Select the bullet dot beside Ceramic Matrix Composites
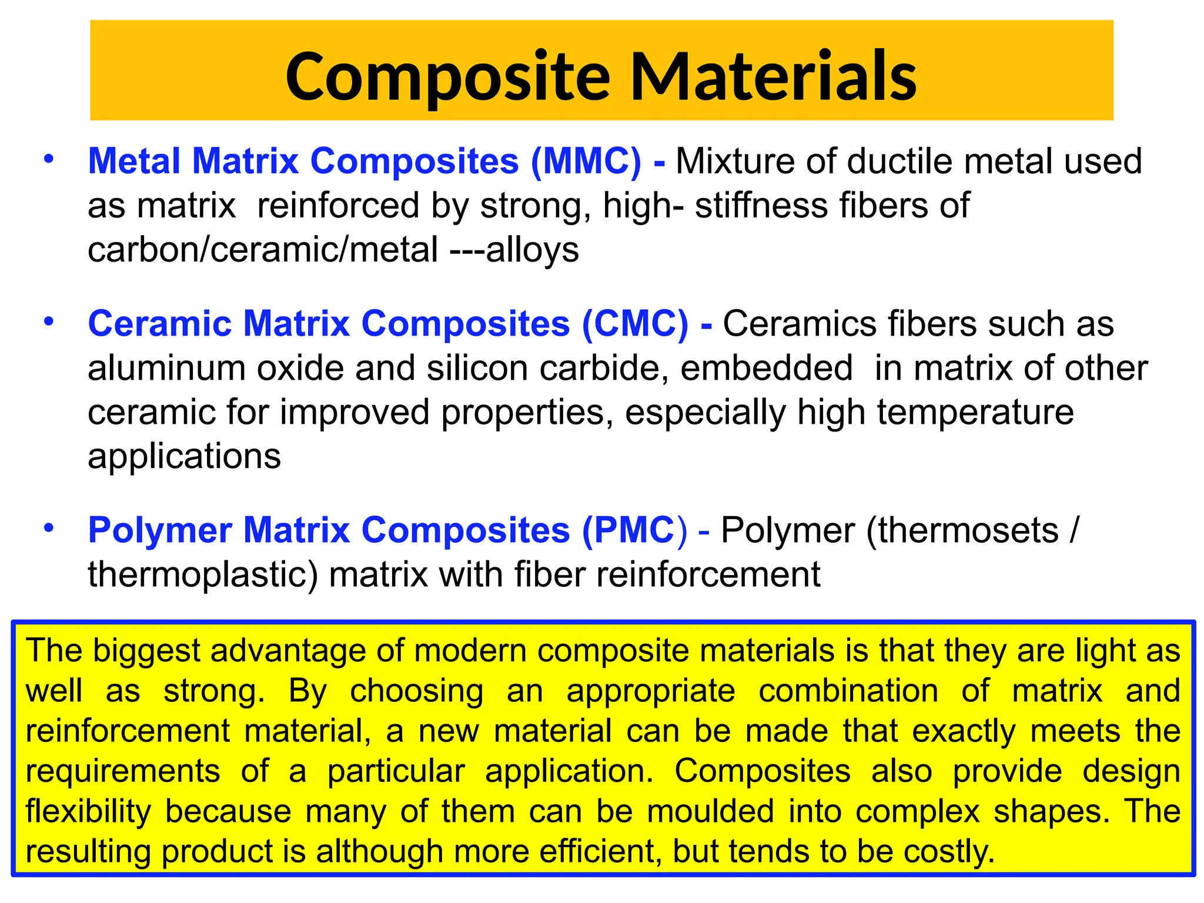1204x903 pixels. click(49, 322)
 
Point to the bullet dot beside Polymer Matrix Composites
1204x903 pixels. click(49, 527)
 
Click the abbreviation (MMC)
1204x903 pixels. click(586, 161)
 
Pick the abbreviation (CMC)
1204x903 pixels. click(635, 324)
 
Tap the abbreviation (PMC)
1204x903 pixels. click(634, 530)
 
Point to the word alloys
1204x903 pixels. click(533, 250)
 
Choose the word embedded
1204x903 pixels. click(766, 368)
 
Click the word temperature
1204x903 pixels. click(975, 412)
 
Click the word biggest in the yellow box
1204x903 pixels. click(146, 651)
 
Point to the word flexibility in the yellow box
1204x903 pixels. click(88, 811)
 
